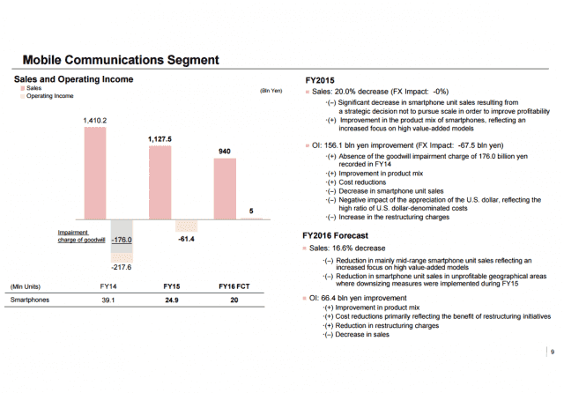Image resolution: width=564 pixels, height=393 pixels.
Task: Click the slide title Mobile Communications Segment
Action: [120, 60]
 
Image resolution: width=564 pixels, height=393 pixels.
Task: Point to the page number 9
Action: [551, 352]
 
